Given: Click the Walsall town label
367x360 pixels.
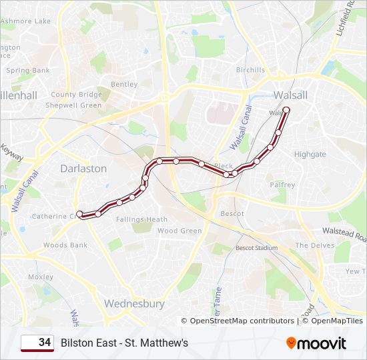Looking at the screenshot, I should tap(290, 95).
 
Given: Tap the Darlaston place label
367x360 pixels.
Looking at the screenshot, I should tap(83, 169).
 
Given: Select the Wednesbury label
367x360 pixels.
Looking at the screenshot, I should tap(134, 303).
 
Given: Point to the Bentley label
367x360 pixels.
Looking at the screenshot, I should tap(124, 85).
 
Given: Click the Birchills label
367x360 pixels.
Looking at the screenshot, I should tap(250, 70).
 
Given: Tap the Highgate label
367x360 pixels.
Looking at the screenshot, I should tap(310, 154).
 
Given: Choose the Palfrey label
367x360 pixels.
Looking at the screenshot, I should tap(282, 185).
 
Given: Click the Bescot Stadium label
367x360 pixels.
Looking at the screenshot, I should tap(256, 248).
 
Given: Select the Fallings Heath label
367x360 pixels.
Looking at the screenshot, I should tap(141, 219).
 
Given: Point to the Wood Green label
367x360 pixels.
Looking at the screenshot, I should tap(179, 231).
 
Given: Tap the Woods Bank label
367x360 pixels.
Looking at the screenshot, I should tap(65, 245).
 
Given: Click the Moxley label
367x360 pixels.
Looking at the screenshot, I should tap(41, 277).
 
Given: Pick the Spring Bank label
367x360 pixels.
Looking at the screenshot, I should tap(28, 70).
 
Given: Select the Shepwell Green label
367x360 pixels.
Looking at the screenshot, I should tap(73, 105).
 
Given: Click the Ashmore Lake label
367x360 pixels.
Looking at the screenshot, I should tap(25, 21).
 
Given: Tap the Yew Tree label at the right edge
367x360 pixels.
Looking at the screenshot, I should tap(355, 271).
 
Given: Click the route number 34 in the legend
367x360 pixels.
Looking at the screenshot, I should tap(45, 343).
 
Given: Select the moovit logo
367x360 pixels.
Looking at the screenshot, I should tap(316, 343).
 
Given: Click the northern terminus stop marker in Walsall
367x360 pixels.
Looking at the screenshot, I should tap(286, 110).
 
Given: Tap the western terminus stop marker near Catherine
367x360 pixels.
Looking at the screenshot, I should tap(79, 214).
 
